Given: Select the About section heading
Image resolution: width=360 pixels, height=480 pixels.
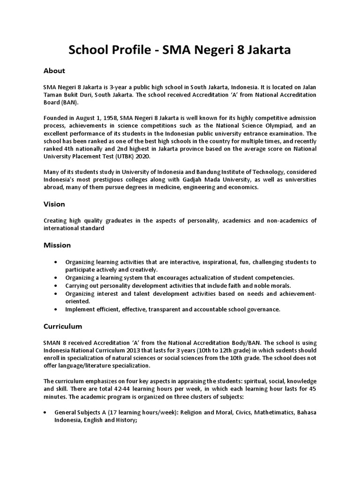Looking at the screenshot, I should point(54,71).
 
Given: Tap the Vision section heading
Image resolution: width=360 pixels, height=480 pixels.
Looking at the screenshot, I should point(54,204).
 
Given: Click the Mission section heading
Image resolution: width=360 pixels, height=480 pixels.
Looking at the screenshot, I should point(57,245).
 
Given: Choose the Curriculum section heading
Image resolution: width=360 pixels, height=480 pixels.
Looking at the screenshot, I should point(63,326).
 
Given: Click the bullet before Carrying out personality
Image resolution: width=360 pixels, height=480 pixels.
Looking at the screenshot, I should point(57,286).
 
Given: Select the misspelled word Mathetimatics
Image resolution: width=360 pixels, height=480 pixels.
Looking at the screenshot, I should point(262,412).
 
